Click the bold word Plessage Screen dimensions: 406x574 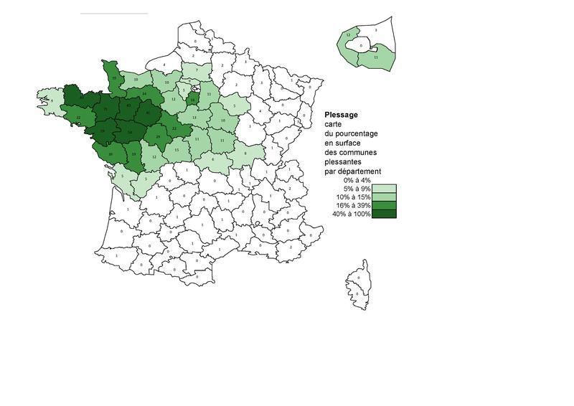(x=342, y=114)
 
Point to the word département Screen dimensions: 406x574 (x=364, y=171)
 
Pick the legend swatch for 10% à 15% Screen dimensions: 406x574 (x=384, y=197)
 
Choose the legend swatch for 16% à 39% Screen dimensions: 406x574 (x=384, y=205)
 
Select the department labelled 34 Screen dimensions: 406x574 (x=145, y=94)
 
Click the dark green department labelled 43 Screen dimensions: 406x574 (x=128, y=107)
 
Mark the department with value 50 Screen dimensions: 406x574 (x=129, y=133)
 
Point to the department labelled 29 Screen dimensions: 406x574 (x=158, y=136)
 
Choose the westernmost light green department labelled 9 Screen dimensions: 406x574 (x=50, y=101)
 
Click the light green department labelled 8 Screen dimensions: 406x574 (x=245, y=154)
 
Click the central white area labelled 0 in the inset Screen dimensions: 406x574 (x=361, y=44)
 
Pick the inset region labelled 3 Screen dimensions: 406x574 (x=377, y=31)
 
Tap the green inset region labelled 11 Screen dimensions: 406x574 (x=376, y=57)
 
